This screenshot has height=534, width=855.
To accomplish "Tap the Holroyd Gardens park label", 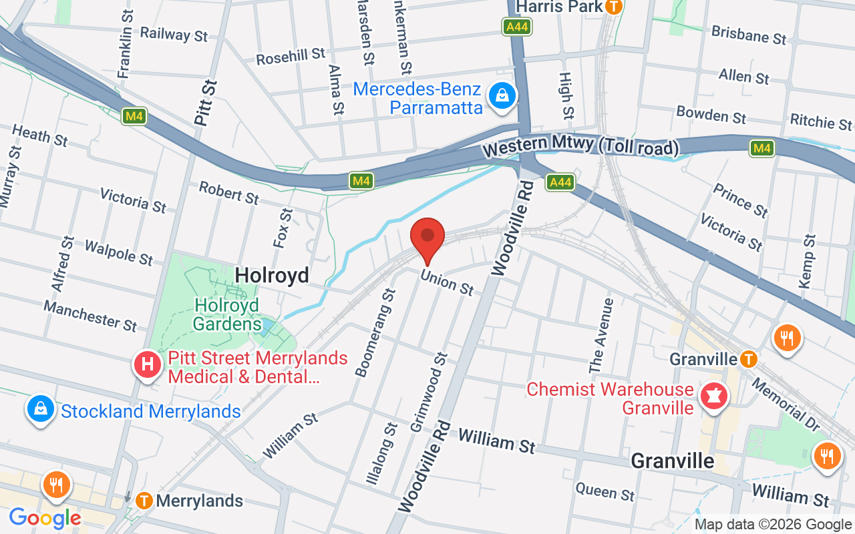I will coord(227,314).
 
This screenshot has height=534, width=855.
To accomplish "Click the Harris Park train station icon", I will coord(613,7).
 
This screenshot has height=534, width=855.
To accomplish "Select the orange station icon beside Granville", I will coord(749,360).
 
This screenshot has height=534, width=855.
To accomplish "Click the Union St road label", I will coord(447,282).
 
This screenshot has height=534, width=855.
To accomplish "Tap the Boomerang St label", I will coord(375,332).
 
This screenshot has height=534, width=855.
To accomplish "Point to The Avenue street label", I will coord(601,336).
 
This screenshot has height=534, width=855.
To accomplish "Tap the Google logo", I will coord(45,518).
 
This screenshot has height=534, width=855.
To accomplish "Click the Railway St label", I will coord(174,34).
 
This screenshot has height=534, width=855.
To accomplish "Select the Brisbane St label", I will coord(748,35).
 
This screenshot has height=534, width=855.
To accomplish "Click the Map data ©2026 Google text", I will coord(773,525).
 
